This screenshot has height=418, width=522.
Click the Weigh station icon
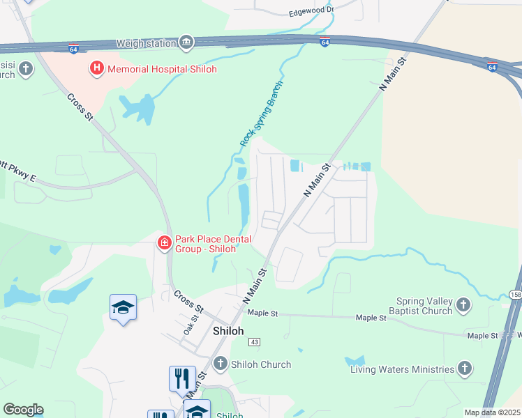tap(186, 43)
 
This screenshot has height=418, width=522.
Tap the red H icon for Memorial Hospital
tap(96, 68)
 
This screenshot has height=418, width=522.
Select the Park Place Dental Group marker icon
tap(164, 242)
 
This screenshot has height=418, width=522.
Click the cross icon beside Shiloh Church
tap(221, 364)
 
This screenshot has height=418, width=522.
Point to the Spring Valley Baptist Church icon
tap(463, 304)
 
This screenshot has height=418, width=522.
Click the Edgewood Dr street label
tap(311, 13)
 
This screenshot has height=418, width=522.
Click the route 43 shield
tap(254, 342)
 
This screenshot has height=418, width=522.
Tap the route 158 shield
tap(515, 294)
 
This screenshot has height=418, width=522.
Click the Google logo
tap(22, 410)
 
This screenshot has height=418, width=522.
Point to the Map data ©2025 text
tap(491, 412)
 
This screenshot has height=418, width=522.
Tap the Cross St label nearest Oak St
tap(188, 302)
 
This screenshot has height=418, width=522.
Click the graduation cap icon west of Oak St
tap(123, 307)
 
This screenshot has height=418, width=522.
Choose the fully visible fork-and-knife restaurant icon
tap(182, 378)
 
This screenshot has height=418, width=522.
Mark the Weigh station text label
tap(146, 43)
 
